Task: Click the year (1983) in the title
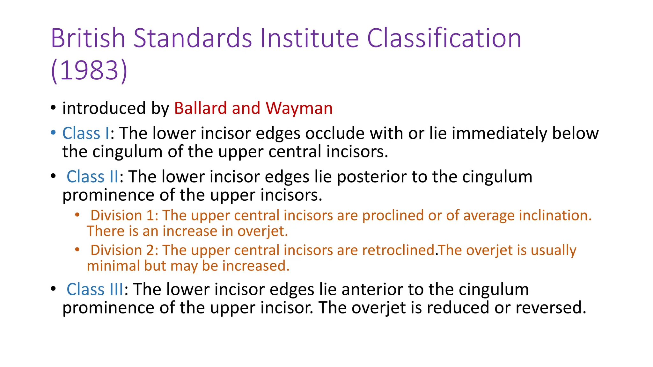(x=89, y=70)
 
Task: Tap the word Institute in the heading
(x=310, y=38)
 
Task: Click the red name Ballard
(x=201, y=108)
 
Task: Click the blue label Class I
(x=86, y=133)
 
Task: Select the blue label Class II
(x=92, y=176)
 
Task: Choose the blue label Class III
(x=95, y=289)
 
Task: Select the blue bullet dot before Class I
(x=53, y=132)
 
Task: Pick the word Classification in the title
(x=444, y=38)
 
